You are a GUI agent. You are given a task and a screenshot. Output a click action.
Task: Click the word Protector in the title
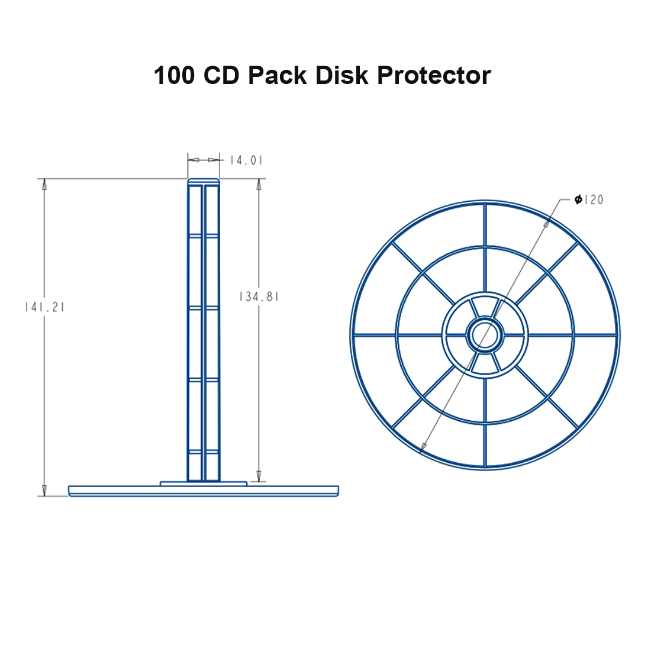(x=434, y=76)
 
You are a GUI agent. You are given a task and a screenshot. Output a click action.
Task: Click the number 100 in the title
(x=174, y=75)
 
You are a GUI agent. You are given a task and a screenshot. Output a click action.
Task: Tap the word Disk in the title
(x=341, y=75)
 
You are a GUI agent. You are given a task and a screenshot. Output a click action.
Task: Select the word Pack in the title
(x=277, y=75)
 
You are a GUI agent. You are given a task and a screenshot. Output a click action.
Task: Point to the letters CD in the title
(x=221, y=75)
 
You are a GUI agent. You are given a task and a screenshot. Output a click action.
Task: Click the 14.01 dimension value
(x=246, y=160)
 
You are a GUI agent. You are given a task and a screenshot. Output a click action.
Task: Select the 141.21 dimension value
(x=44, y=307)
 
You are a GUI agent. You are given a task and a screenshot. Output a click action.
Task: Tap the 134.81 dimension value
(x=259, y=297)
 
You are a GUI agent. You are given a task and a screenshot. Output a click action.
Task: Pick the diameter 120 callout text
(x=589, y=199)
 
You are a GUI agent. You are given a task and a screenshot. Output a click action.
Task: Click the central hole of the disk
(x=485, y=335)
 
